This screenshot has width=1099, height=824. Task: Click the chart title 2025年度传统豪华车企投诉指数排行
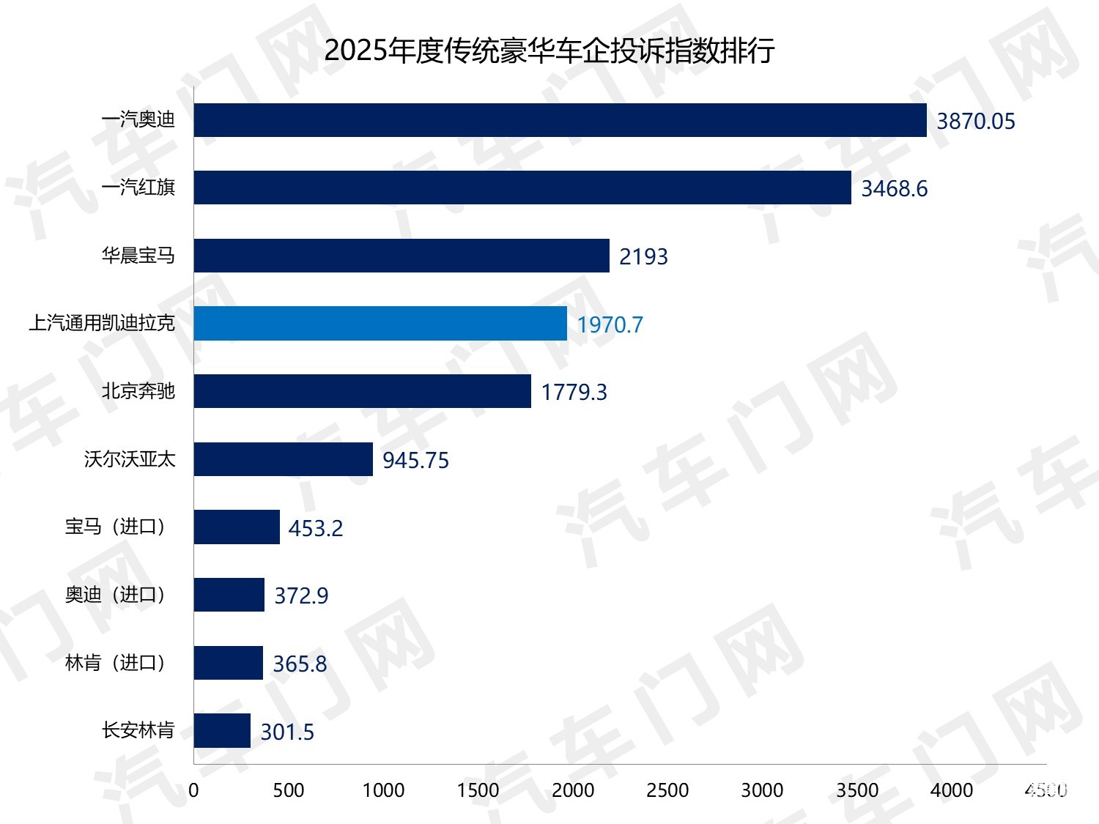pos(549,51)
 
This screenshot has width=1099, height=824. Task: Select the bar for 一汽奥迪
pos(560,120)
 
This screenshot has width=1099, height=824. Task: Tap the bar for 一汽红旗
pos(522,188)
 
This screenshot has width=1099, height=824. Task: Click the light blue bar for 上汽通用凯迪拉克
pos(380,324)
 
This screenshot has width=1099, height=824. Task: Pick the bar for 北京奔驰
pos(362,391)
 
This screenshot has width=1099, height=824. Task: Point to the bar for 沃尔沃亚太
pos(283,459)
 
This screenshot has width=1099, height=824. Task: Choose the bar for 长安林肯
pos(222,731)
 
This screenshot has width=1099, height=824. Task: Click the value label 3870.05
pos(976,121)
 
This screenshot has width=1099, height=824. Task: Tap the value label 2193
pos(643,256)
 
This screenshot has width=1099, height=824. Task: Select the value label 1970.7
pos(610,324)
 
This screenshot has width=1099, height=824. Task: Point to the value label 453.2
pos(316,528)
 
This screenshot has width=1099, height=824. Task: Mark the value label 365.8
pos(300,664)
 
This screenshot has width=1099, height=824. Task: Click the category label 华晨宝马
pos(138,256)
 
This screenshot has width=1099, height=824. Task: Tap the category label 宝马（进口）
pos(116,527)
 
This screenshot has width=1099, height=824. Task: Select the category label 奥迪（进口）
pos(116,595)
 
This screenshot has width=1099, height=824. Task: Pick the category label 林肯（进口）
pos(116,663)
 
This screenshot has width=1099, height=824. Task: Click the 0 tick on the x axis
pos(193,790)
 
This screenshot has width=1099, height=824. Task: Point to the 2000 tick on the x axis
pos(573,790)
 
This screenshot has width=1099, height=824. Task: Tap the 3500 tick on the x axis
pos(857,790)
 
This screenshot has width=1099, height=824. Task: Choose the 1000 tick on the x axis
pos(383,790)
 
